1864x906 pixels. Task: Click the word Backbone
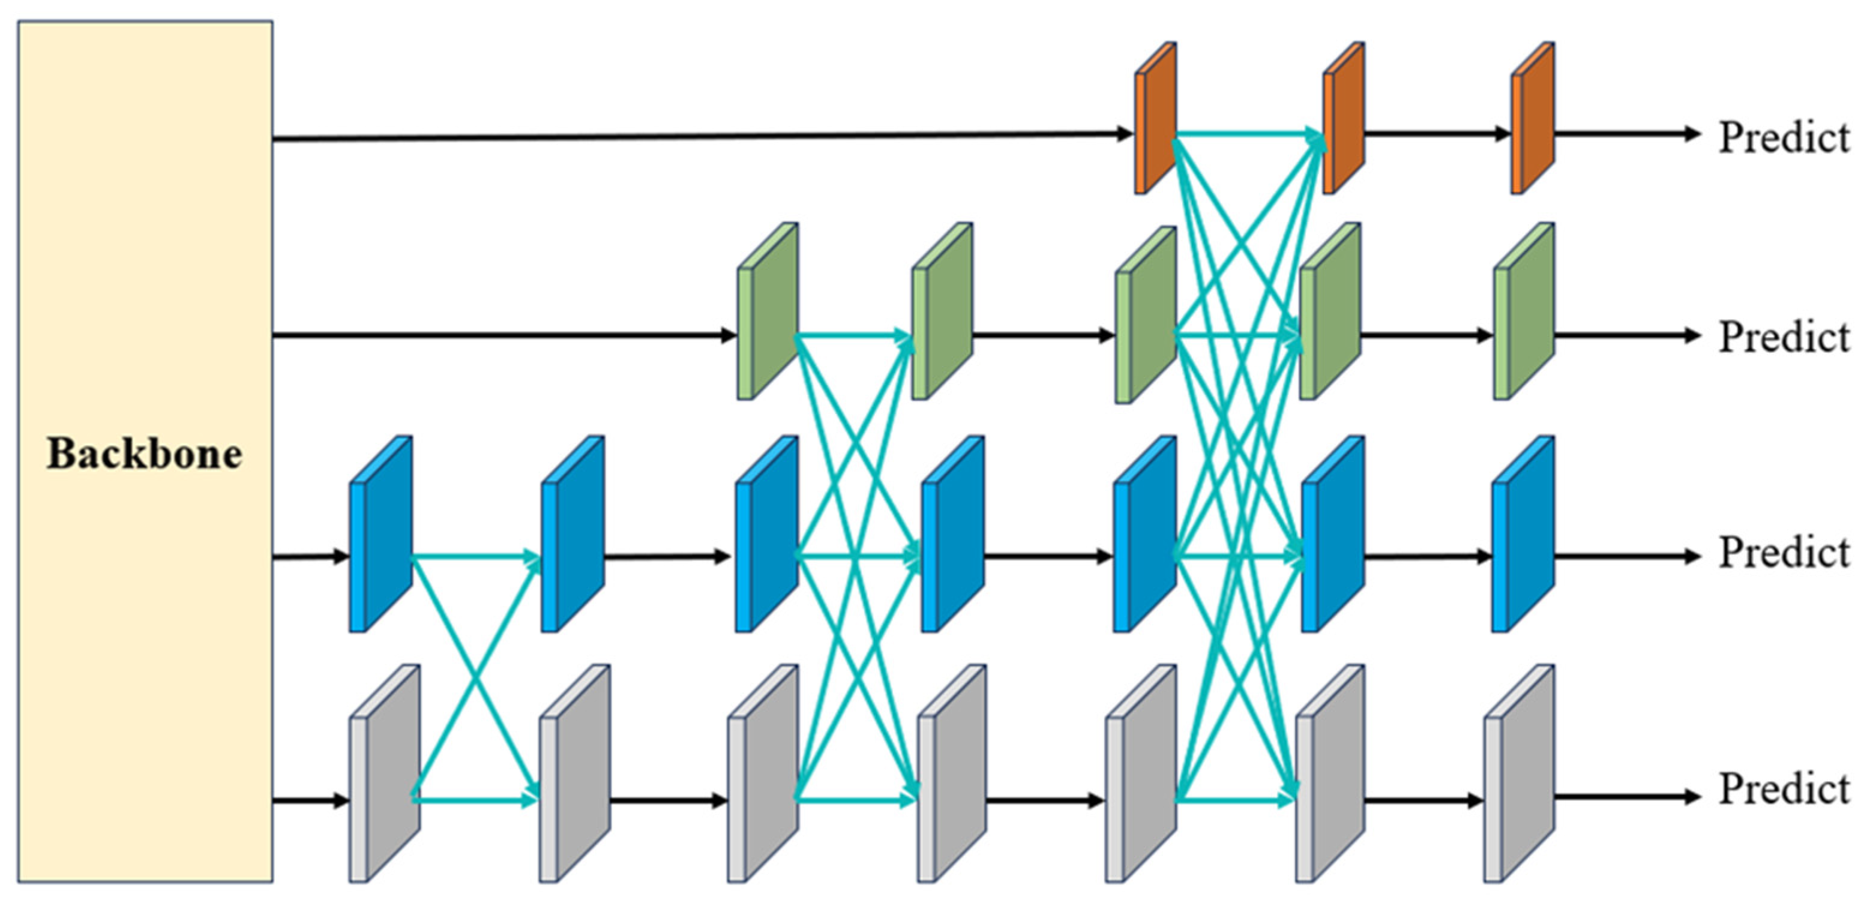click(x=145, y=454)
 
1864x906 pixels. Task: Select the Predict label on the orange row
click(x=1783, y=137)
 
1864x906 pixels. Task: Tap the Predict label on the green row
click(x=1783, y=337)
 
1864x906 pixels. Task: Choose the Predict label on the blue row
click(x=1783, y=553)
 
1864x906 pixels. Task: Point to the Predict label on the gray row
click(x=1783, y=789)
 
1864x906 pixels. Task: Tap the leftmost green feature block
click(x=768, y=311)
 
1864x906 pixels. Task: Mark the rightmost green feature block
click(x=1524, y=311)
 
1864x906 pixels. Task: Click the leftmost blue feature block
click(x=380, y=534)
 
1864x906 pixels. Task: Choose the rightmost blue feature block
click(x=1523, y=534)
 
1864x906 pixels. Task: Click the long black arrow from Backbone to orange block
click(x=702, y=136)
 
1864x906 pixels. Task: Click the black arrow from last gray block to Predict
click(x=1625, y=797)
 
